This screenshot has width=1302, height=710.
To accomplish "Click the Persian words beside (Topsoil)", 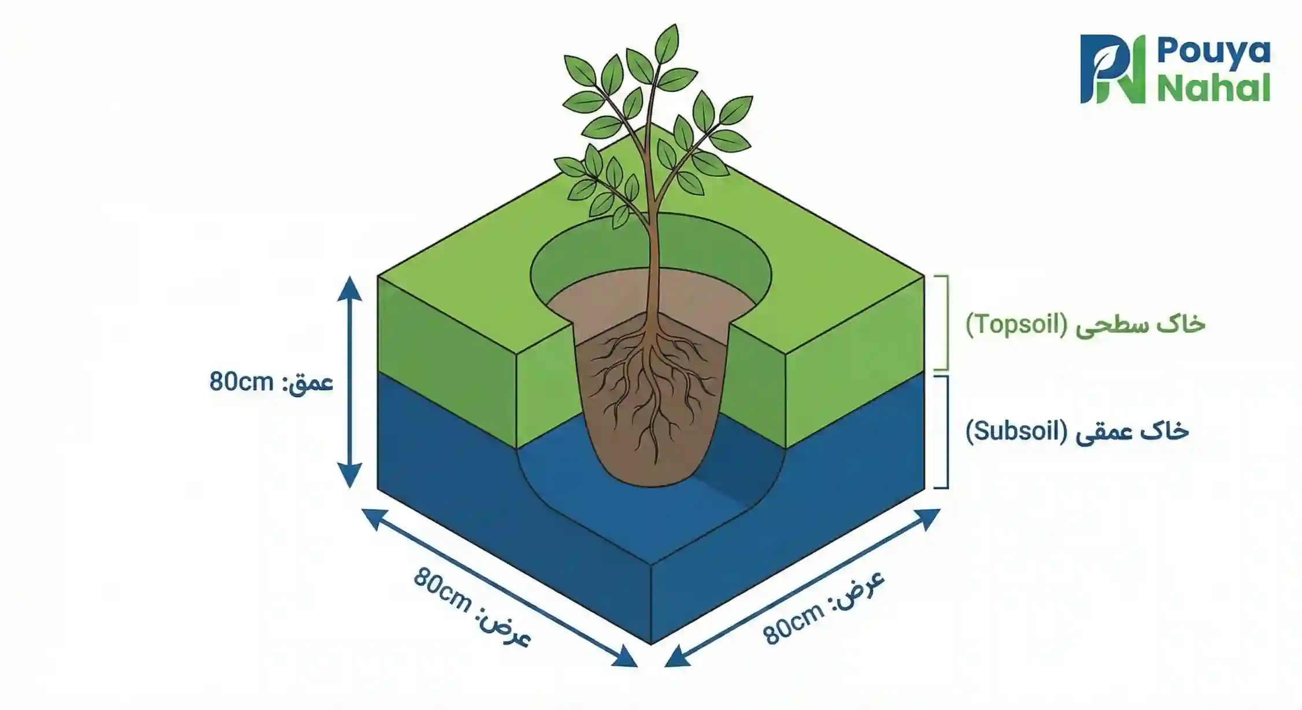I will click(1140, 324).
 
